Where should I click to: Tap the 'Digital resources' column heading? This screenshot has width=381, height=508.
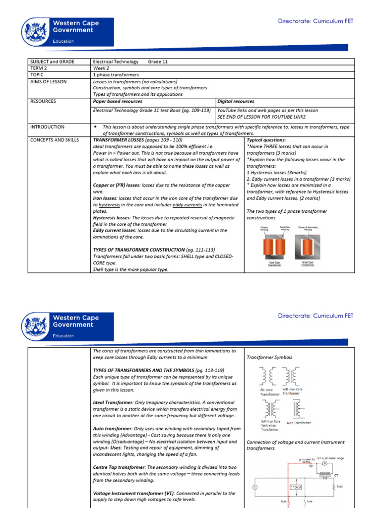coord(236,101)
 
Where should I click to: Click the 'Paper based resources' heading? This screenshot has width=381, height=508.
coord(118,101)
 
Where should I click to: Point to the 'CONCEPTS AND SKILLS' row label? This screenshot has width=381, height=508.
coord(55,140)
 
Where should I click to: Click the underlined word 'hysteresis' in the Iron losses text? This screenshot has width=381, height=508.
coord(109,204)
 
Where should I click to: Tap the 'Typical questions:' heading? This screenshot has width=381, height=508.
coord(266,140)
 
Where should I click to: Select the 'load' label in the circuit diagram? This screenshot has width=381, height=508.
coord(339,486)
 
